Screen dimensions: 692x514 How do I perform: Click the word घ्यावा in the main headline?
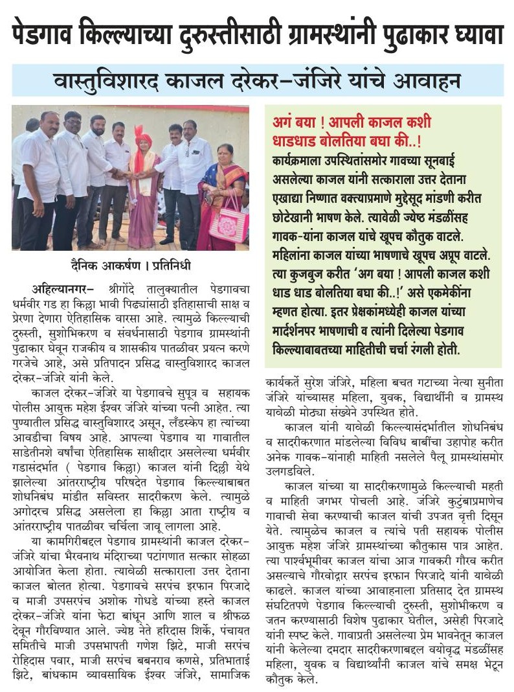(x=470, y=34)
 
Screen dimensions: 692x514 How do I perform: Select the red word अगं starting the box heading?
(x=285, y=122)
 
